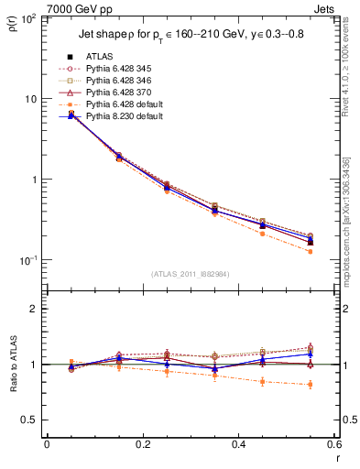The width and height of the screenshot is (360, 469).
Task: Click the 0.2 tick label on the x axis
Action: click(142, 445)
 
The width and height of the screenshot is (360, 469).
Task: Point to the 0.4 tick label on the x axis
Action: click(238, 445)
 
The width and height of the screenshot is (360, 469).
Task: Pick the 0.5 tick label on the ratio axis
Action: click(29, 420)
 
